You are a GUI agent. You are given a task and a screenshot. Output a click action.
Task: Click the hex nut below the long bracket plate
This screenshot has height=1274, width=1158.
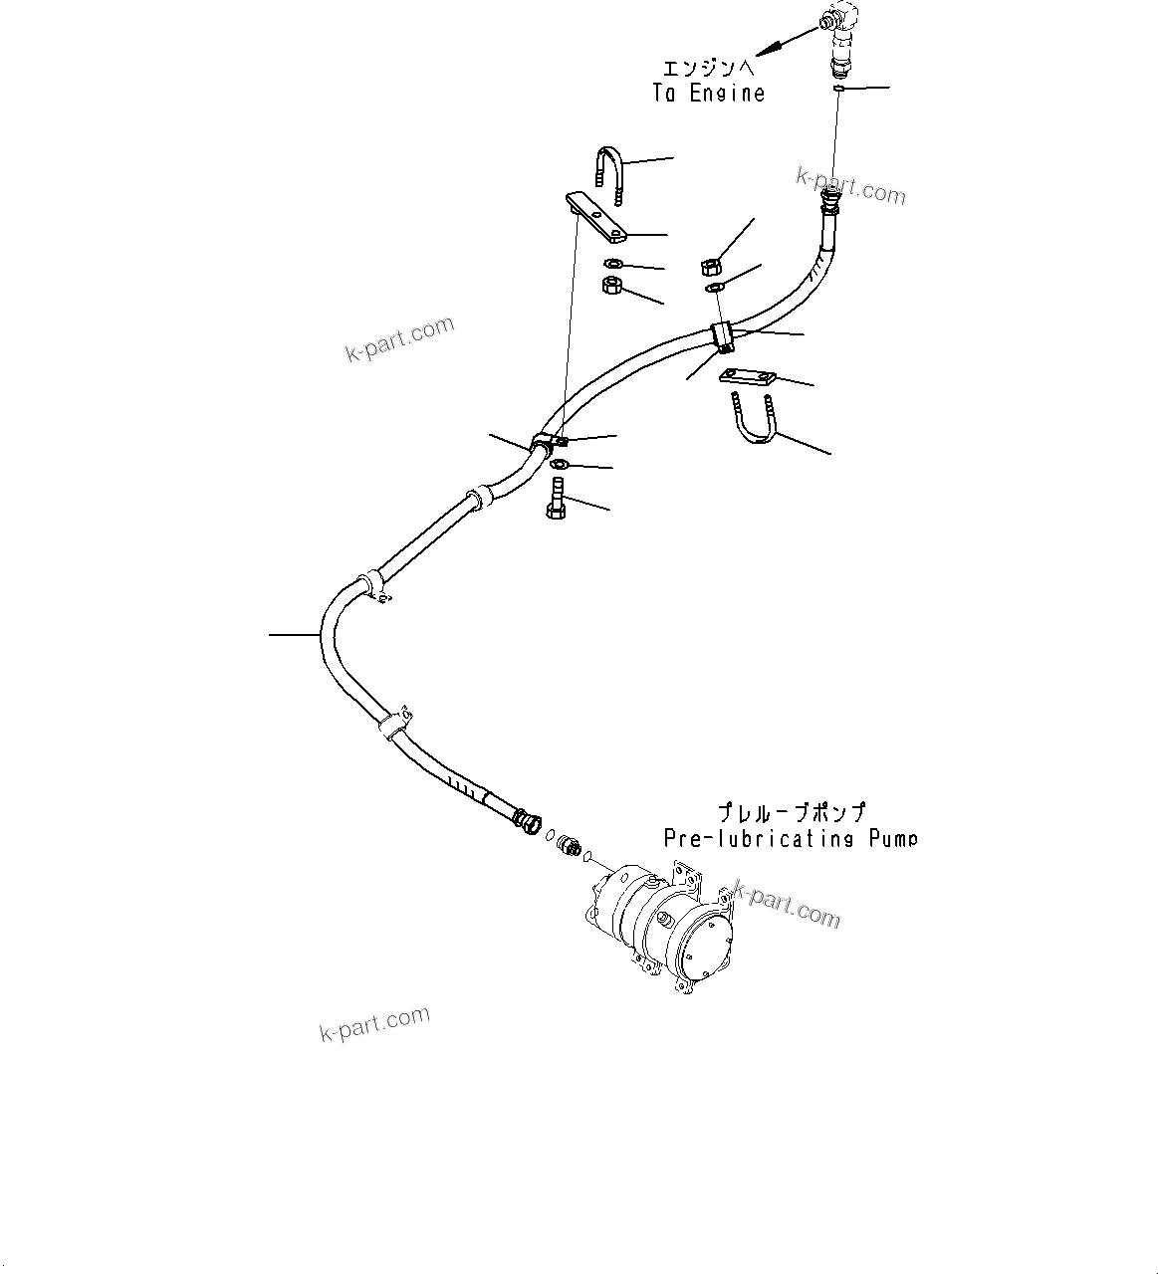[x=613, y=287]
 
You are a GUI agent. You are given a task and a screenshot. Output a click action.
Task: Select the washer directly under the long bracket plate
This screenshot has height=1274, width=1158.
[x=614, y=264]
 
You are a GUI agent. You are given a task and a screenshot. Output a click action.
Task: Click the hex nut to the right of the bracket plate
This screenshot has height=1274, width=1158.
[x=711, y=266]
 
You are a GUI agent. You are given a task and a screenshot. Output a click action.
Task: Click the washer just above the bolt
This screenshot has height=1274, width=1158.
[x=559, y=464]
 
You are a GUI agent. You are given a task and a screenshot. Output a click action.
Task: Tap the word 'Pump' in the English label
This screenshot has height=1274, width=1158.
[x=891, y=838]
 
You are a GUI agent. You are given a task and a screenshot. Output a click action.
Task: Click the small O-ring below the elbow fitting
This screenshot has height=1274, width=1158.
[x=838, y=90]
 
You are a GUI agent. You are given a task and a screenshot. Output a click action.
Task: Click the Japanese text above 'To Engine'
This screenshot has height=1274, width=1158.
[x=708, y=68]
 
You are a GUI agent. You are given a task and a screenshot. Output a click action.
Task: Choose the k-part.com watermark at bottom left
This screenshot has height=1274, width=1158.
[x=375, y=1022]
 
